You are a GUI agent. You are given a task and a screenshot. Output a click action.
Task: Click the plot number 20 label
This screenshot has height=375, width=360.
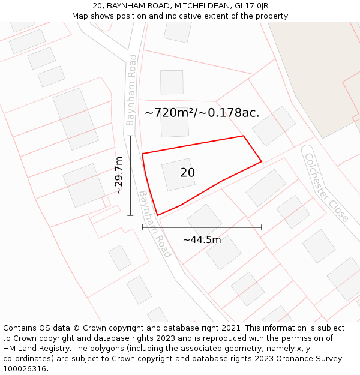[x=187, y=173]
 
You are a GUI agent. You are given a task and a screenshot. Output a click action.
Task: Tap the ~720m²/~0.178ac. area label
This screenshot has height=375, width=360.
[x=202, y=113]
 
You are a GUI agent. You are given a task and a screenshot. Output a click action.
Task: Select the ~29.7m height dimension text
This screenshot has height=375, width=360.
[x=119, y=175]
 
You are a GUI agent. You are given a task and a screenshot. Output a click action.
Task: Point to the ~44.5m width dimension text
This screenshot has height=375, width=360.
[x=202, y=240]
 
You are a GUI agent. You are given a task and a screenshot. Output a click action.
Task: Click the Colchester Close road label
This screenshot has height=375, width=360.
[x=326, y=187]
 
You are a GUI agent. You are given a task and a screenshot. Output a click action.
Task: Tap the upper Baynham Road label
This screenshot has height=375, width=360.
[x=131, y=90]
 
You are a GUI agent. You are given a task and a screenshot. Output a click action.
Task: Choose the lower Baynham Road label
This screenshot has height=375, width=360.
[x=155, y=224]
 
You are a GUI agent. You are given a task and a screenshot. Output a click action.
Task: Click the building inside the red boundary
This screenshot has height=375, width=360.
[x=178, y=175]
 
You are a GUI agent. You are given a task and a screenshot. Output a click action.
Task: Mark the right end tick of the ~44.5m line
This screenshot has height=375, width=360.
[x=262, y=227]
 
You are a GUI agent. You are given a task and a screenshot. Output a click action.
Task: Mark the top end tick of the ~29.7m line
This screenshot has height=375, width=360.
[x=130, y=136]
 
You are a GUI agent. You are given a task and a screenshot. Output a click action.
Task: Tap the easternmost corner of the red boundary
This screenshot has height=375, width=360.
[x=262, y=161]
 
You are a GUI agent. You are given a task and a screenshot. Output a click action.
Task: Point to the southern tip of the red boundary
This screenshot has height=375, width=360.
[x=157, y=215]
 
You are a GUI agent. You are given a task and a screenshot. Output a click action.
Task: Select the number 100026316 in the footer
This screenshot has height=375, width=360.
[x=25, y=369]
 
